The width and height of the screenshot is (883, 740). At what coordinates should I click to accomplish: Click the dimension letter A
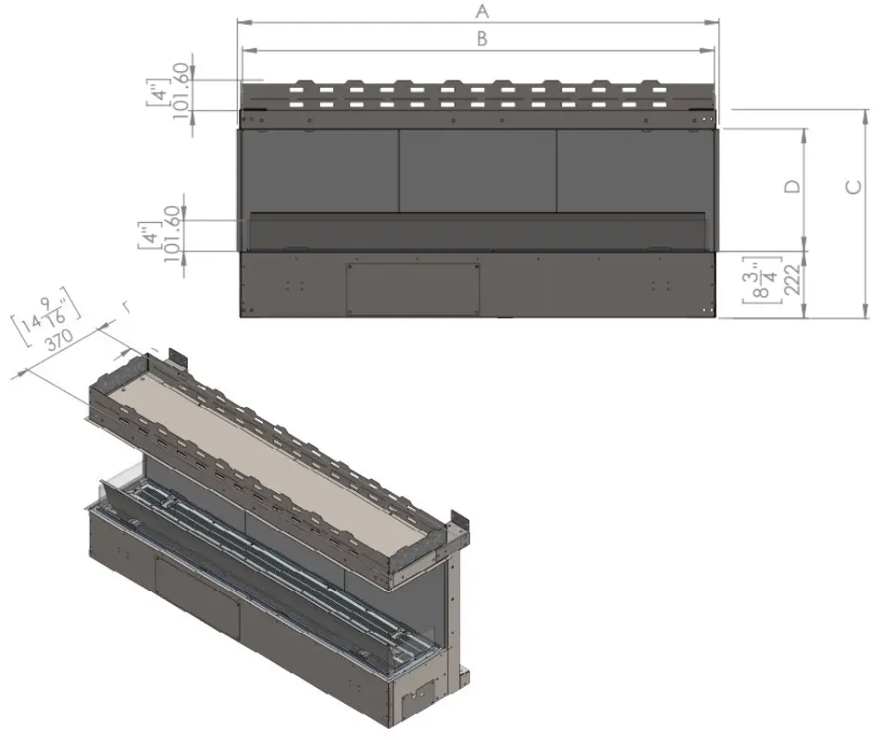(480, 11)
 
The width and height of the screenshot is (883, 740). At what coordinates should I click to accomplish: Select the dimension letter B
(481, 38)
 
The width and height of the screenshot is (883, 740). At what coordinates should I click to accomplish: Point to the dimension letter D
(792, 186)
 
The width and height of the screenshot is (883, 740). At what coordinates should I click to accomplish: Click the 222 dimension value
(791, 285)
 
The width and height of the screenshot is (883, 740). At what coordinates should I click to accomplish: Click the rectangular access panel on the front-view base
(412, 287)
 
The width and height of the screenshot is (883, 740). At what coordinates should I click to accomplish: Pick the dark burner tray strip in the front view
(478, 230)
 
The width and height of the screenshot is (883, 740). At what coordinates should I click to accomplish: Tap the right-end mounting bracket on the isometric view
(459, 527)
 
